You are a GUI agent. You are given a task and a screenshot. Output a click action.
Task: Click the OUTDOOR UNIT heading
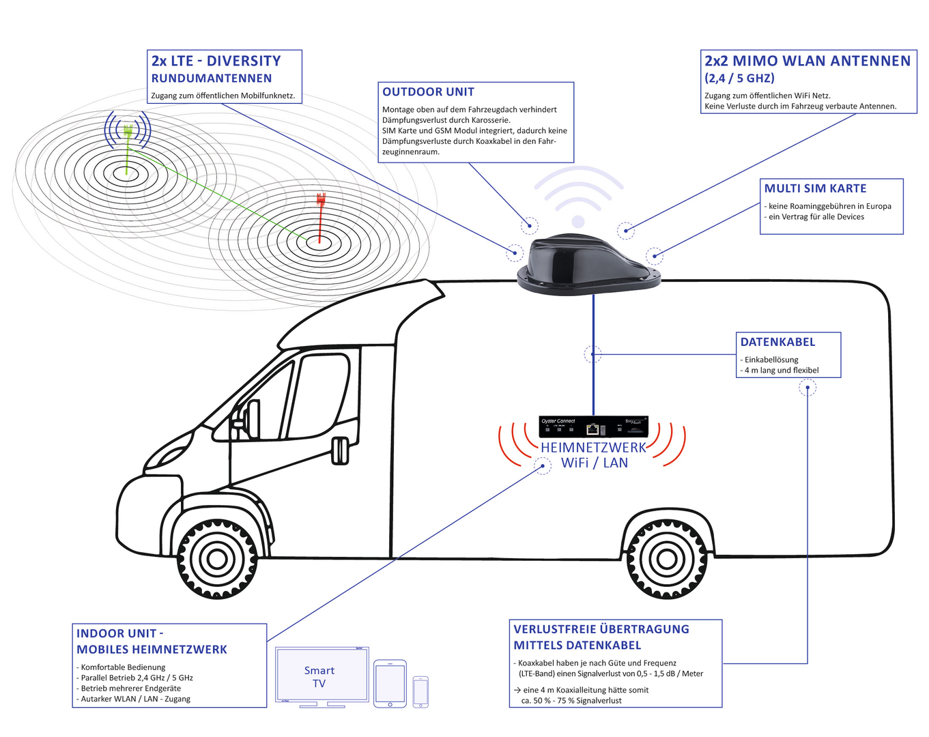coord(428,92)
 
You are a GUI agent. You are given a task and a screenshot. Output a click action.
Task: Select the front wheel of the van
coord(217,558)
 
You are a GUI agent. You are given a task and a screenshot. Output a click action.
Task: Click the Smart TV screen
coord(319,676)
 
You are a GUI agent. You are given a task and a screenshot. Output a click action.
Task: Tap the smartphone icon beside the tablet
coord(420,692)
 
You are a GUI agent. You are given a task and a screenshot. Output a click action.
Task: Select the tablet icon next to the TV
coord(390,683)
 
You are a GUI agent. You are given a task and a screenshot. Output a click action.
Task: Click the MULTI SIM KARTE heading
coord(815,189)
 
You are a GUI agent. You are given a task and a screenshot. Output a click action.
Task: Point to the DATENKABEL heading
coord(777,343)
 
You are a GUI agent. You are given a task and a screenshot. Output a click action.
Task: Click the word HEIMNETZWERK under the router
coord(593,448)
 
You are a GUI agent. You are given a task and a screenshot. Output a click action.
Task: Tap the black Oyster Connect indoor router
coord(593,427)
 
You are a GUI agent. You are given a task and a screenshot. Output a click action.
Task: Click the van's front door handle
coord(339,451)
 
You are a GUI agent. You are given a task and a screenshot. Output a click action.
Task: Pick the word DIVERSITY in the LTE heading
coord(244,61)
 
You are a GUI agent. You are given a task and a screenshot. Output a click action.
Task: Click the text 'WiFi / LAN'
coord(594,463)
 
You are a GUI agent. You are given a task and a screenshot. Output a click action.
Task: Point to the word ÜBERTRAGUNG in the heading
coord(644,629)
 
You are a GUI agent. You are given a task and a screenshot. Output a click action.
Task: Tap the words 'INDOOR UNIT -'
coord(119,634)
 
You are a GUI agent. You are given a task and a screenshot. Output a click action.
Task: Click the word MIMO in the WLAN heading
coord(755,61)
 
